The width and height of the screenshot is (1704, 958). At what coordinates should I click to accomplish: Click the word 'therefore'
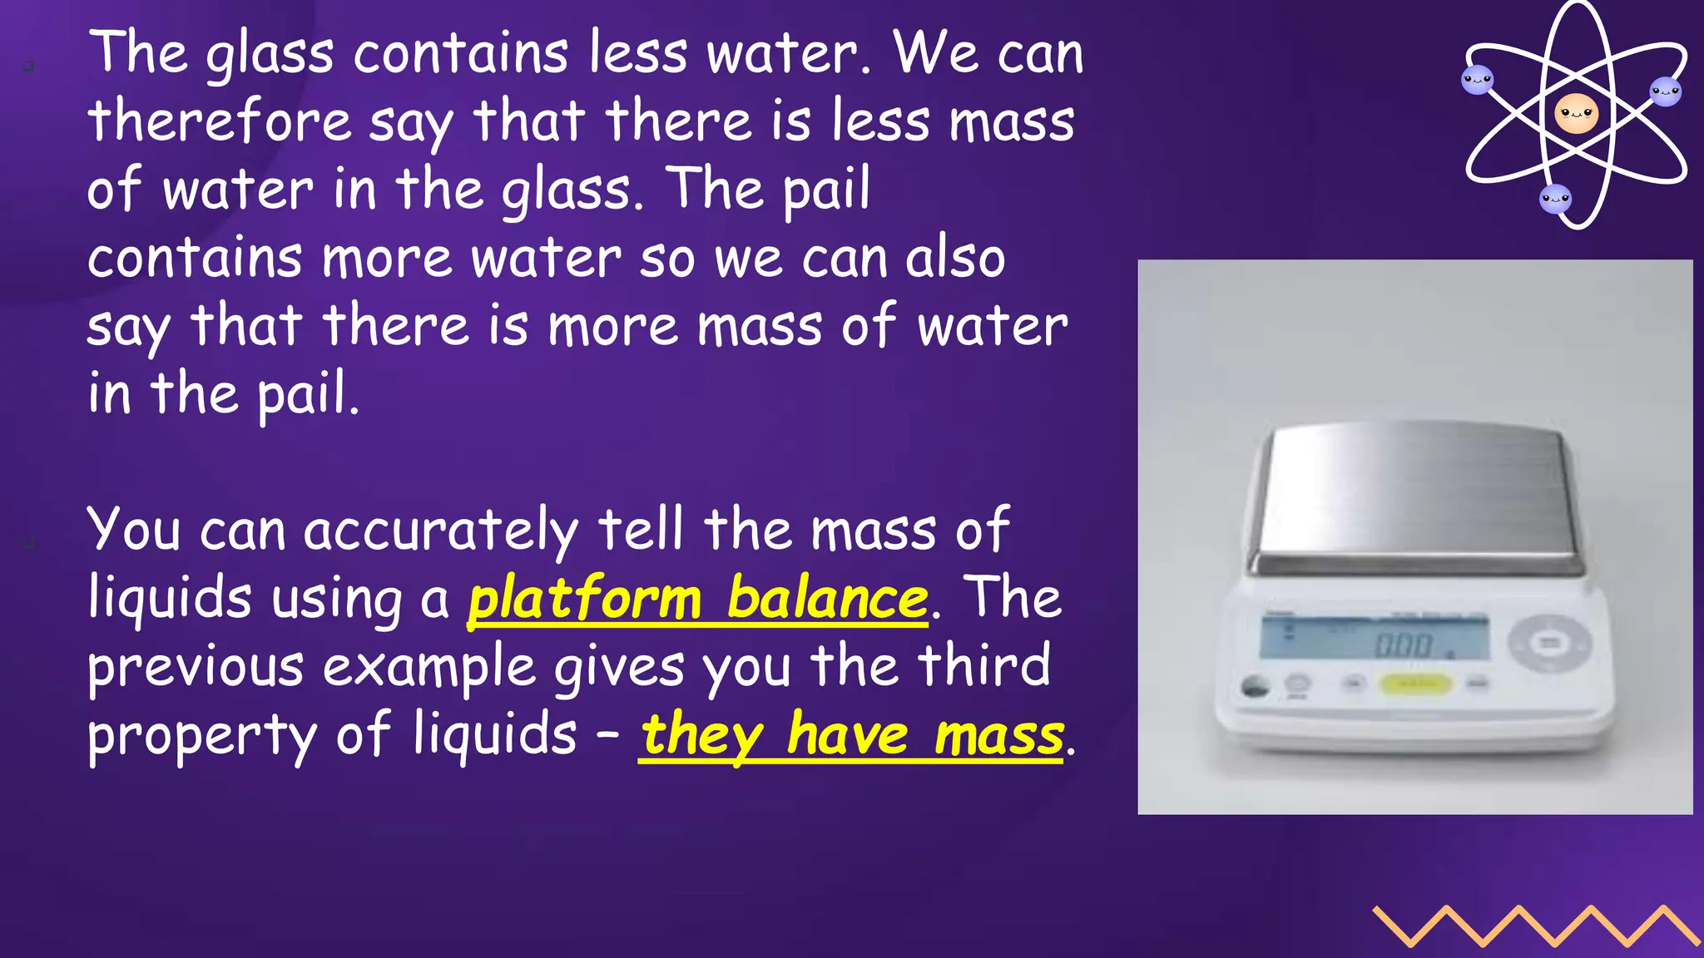point(220,121)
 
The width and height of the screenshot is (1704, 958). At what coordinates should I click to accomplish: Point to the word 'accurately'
point(440,530)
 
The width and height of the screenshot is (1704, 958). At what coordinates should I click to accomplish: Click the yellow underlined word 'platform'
point(585,599)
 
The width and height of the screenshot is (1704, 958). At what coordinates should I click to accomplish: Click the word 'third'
point(984,666)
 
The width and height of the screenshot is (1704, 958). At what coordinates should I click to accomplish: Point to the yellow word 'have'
point(848,735)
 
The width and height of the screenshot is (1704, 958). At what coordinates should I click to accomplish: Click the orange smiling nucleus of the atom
point(1576,113)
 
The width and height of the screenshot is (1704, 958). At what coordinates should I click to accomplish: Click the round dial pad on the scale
point(1548,642)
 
